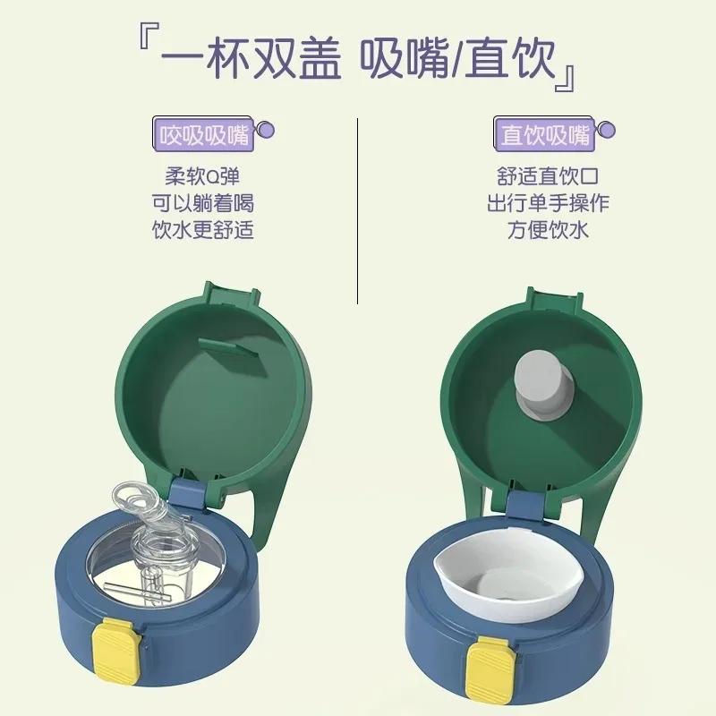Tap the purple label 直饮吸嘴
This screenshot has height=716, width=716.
pos(545,135)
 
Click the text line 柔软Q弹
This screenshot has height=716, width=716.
pos(202,176)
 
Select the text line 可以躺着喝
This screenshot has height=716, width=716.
pos(202,203)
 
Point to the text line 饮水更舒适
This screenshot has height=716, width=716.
pos(202,230)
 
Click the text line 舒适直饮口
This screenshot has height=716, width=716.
pos(545,176)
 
